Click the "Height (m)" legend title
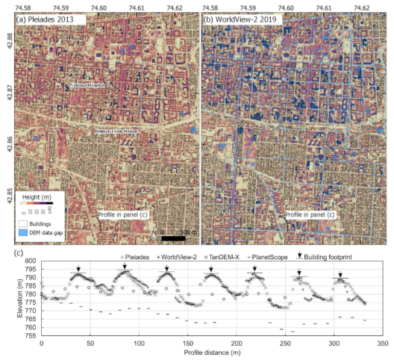tap(33, 193)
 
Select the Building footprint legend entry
tap(336, 256)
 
